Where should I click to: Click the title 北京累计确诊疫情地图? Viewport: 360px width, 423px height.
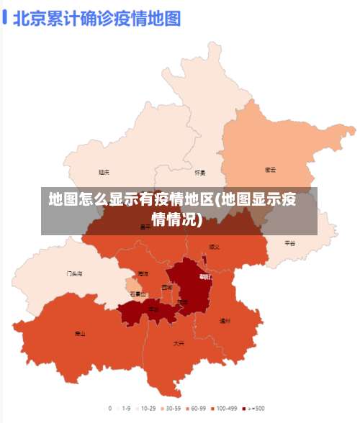pos(96,18)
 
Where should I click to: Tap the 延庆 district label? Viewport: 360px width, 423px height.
pos(104,172)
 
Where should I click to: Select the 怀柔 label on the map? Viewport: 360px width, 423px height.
pos(200,173)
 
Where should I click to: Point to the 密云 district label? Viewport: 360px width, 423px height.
pos(270,170)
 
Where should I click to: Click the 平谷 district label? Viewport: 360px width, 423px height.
pos(289,243)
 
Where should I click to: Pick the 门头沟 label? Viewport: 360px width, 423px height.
pos(74,274)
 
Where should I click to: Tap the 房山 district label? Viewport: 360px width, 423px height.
pos(79,334)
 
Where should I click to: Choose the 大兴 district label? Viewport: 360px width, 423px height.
pos(179,343)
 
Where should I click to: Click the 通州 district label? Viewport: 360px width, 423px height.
pos(225,321)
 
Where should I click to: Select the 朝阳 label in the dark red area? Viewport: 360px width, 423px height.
pos(205,276)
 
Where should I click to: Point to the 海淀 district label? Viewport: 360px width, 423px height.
pos(143,274)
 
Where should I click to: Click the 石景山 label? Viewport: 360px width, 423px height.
pos(138,294)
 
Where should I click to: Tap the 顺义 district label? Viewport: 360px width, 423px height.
pos(214,247)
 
